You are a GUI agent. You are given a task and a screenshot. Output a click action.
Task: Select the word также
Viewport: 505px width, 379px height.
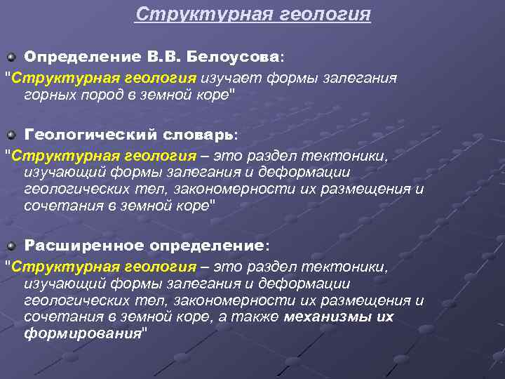255,317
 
